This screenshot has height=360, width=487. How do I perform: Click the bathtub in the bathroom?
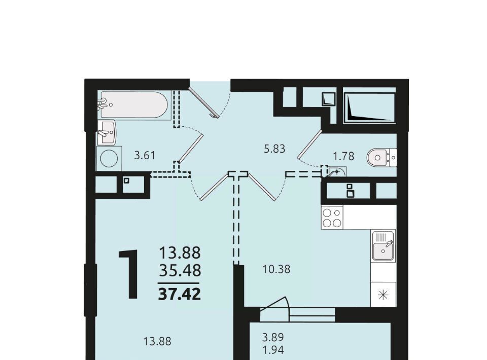pos(134,105)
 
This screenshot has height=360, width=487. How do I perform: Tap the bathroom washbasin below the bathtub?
pos(107,133)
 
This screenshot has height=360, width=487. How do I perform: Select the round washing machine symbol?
pos(109,159)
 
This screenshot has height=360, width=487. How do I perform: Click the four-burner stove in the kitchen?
pos(332,217)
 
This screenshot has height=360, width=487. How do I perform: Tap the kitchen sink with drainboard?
pos(384,246)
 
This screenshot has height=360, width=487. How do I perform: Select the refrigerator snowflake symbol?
pos(384,295)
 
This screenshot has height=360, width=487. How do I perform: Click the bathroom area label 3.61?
pos(145,155)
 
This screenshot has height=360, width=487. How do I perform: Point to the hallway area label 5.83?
pos(274,149)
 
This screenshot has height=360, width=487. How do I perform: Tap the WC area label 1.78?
pos(343,156)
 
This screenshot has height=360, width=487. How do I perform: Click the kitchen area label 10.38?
pos(276,269)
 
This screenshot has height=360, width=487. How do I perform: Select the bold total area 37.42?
pos(180,294)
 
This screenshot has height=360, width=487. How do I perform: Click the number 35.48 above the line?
pos(180,271)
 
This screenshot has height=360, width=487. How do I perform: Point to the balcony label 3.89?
pos(273,337)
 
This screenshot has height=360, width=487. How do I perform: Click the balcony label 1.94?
pos(273,350)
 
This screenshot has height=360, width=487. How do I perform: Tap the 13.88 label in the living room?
pos(157,342)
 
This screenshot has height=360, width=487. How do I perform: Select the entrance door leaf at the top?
pos(203,101)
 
